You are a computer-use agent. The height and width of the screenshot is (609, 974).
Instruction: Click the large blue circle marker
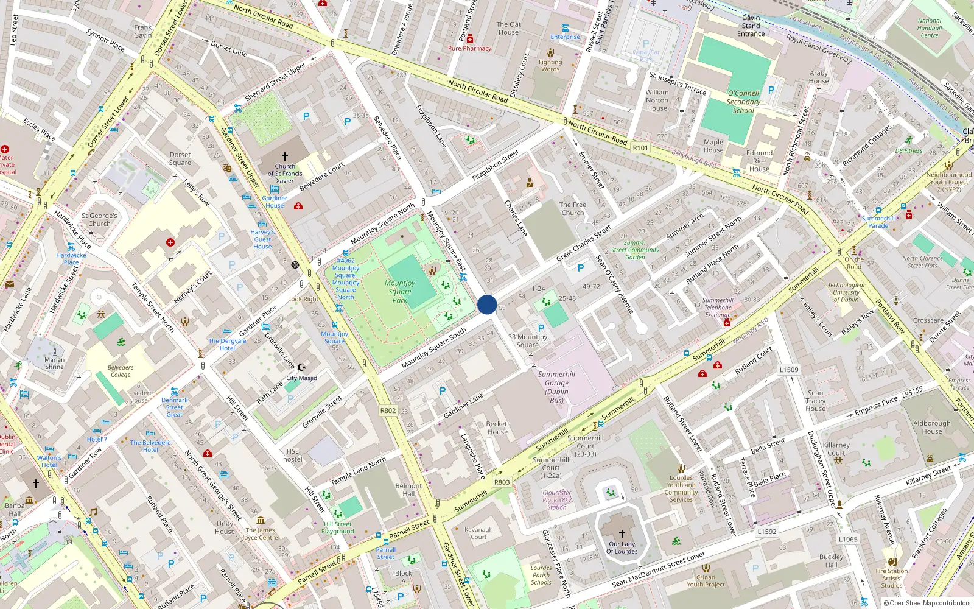[x=487, y=304]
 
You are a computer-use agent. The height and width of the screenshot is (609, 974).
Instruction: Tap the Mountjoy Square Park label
[x=400, y=291]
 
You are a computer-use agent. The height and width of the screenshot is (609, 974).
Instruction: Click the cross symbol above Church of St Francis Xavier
[x=284, y=157]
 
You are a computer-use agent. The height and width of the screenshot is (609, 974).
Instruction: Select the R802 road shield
[x=388, y=410]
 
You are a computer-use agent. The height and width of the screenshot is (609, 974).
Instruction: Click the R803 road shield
[x=502, y=482]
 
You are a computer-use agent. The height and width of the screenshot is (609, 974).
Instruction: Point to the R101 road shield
[x=640, y=147]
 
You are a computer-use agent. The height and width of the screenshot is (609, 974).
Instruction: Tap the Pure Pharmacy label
[x=469, y=48]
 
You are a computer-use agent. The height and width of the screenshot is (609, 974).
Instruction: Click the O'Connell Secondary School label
[x=743, y=102]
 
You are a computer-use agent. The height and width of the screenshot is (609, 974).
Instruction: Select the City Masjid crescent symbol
[x=301, y=367]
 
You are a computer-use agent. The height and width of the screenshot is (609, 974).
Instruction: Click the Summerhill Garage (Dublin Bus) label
[x=556, y=387]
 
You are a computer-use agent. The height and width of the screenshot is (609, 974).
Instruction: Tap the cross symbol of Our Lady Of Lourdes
[x=622, y=533]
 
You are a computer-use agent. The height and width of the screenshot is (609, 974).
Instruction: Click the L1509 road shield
[x=789, y=370]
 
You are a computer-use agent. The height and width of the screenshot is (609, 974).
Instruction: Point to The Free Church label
[x=572, y=209]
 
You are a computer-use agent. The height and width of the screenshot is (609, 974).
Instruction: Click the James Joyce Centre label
[x=260, y=533]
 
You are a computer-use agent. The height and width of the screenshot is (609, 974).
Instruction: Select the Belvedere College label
[x=121, y=371]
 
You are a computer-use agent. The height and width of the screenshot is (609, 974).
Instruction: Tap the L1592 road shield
[x=767, y=531]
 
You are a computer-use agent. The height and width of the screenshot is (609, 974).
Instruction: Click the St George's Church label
[x=99, y=219]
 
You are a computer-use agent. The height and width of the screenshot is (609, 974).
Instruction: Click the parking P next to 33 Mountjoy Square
[x=541, y=328]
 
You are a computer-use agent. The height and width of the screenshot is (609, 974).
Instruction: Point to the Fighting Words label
[x=550, y=65]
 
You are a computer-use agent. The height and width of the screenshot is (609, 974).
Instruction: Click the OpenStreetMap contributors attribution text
[x=927, y=603]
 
